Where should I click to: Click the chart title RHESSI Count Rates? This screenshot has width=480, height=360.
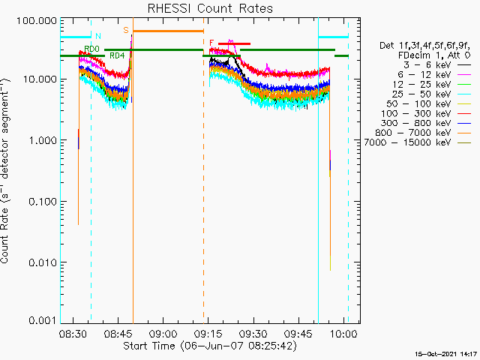pos(210,8)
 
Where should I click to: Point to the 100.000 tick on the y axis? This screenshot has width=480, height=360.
pos(37,21)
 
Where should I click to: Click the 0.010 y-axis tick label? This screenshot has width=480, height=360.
pos(43,262)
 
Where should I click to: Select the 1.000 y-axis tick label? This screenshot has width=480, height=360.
pos(43,140)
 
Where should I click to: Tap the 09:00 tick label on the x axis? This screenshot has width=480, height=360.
pos(163,333)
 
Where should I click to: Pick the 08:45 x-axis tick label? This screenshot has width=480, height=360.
pos(118,333)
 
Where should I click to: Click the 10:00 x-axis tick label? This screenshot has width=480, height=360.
pos(343,333)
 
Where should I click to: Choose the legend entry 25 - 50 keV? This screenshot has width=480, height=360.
pos(421,94)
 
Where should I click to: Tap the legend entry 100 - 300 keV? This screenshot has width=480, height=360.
pos(416,113)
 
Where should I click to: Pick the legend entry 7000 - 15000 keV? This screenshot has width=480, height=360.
pos(407,142)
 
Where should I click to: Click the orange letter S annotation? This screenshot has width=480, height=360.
pos(126,30)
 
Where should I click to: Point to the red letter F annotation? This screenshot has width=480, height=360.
pos(211,43)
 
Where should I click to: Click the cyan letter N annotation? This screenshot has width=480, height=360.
pos(98,36)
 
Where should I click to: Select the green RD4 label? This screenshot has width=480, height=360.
pos(117,55)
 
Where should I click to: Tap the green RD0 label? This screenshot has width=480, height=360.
pos(92,49)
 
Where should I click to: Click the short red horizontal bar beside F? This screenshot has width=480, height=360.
pos(234,43)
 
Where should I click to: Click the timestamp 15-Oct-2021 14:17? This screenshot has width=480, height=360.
pos(446,354)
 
